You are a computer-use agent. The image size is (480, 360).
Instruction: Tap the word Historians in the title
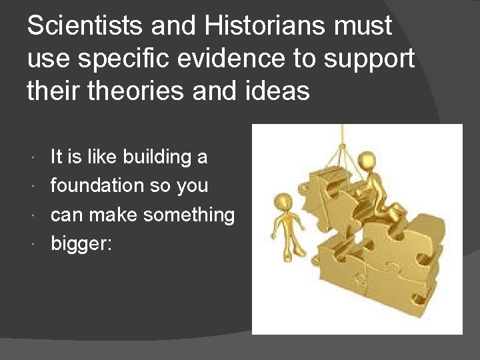[x=243, y=26]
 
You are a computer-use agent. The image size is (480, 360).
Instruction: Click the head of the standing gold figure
[x=284, y=201]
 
